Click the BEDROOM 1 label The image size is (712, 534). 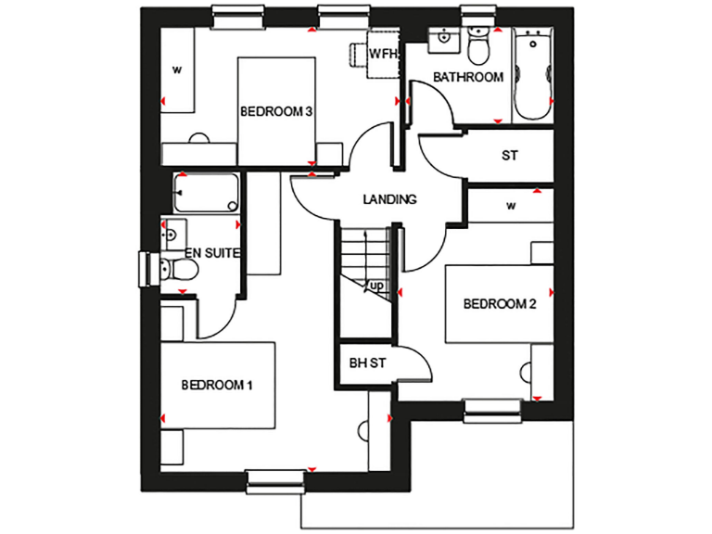point(217,385)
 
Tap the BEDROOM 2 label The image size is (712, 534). point(501,303)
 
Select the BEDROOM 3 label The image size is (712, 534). point(275,111)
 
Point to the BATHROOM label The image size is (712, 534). point(468,77)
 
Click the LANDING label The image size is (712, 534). point(390,198)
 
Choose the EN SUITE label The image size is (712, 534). point(213,252)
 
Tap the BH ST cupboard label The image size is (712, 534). point(367,362)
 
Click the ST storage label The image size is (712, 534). point(509,156)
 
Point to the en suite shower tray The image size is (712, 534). point(205,195)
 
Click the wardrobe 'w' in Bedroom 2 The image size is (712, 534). point(510,206)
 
